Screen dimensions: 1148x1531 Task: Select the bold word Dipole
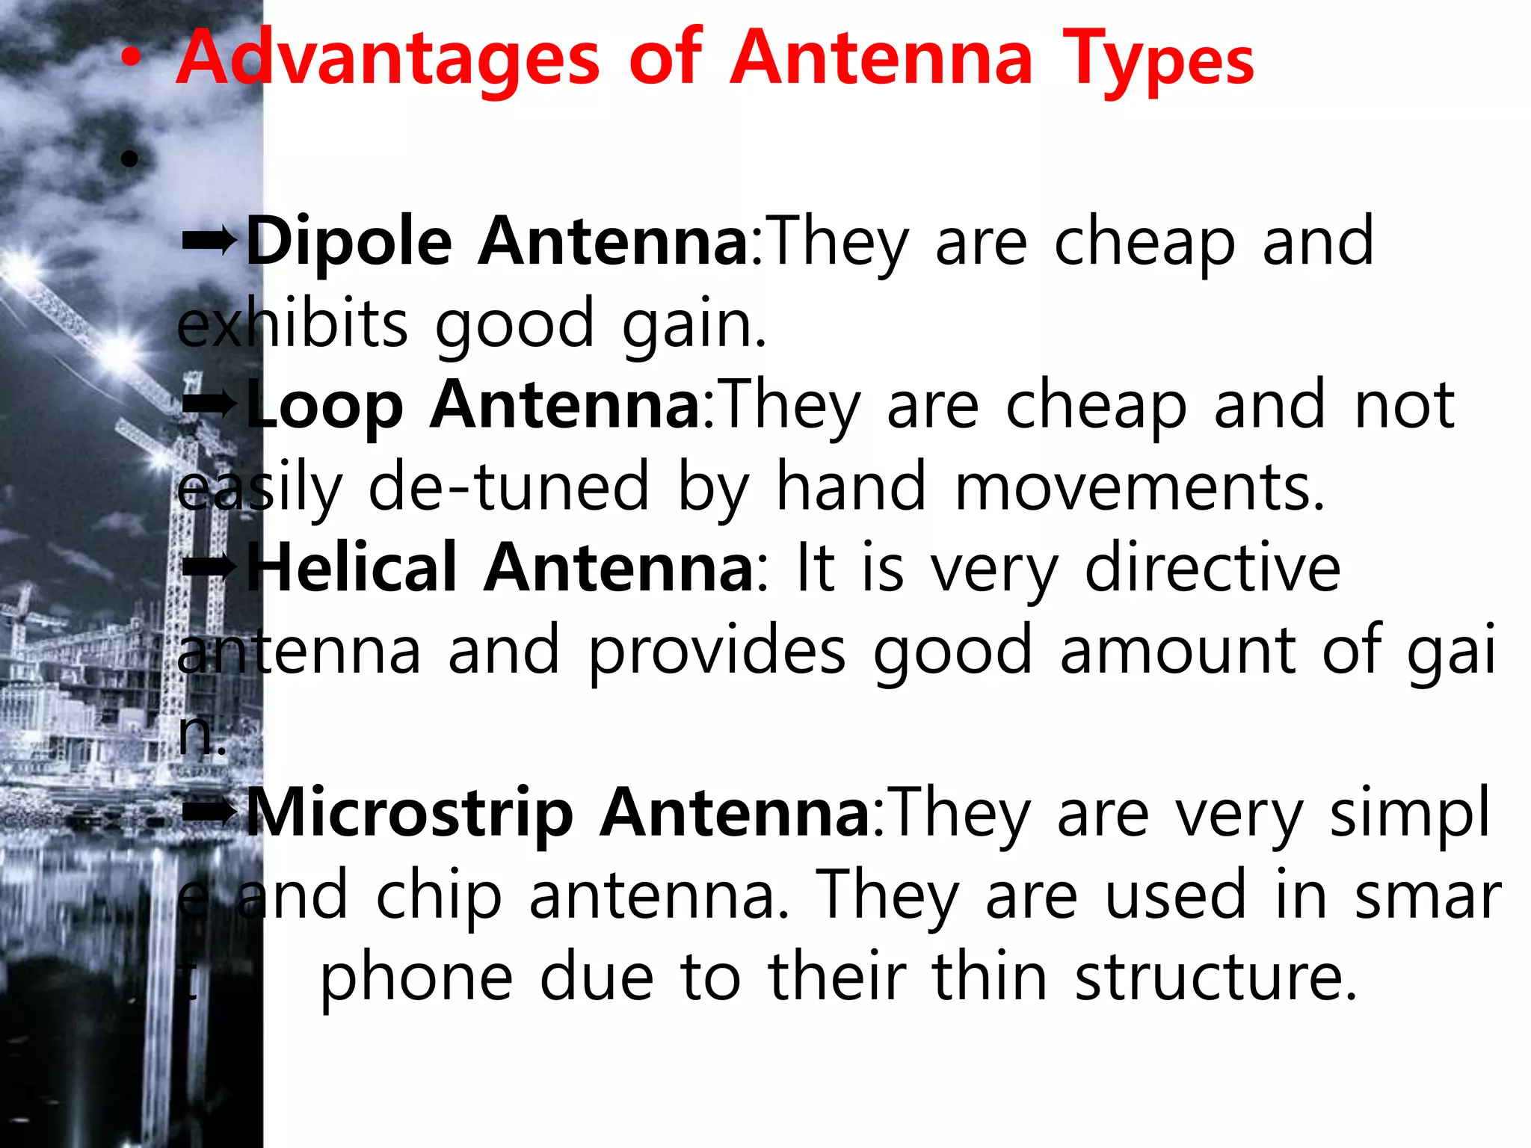[x=348, y=242]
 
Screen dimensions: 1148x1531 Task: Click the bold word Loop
[x=324, y=406]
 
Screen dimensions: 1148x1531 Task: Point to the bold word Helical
[x=351, y=570]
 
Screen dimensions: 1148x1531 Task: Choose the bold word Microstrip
[x=410, y=814]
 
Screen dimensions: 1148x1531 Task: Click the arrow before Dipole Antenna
[x=209, y=241]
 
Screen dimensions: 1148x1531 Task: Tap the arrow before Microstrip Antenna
[x=209, y=812]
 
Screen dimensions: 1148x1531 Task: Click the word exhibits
[x=292, y=324]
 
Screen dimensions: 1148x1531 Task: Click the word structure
[x=1216, y=978]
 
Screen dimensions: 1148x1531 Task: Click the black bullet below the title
[x=129, y=158]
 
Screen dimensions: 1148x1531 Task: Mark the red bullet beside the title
[x=131, y=63]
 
